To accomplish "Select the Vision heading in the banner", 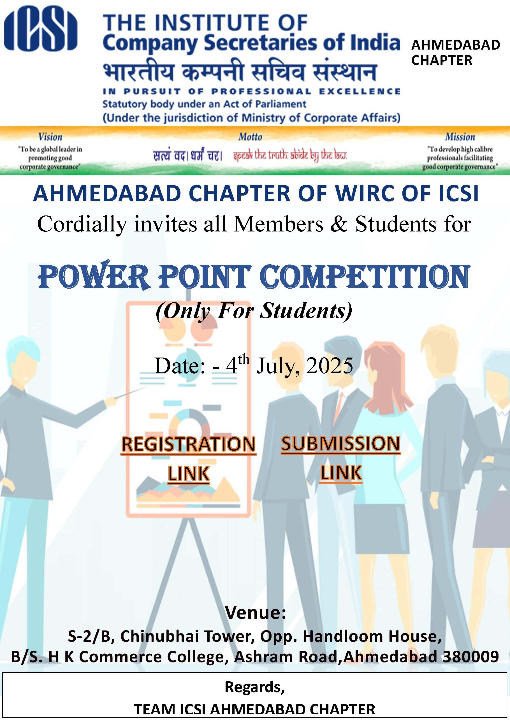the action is pos(50,137).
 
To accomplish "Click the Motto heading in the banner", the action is pos(250,137).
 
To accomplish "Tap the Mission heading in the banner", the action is pos(460,137).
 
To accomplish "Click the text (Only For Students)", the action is pos(254,311).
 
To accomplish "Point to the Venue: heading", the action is pos(255,613).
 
